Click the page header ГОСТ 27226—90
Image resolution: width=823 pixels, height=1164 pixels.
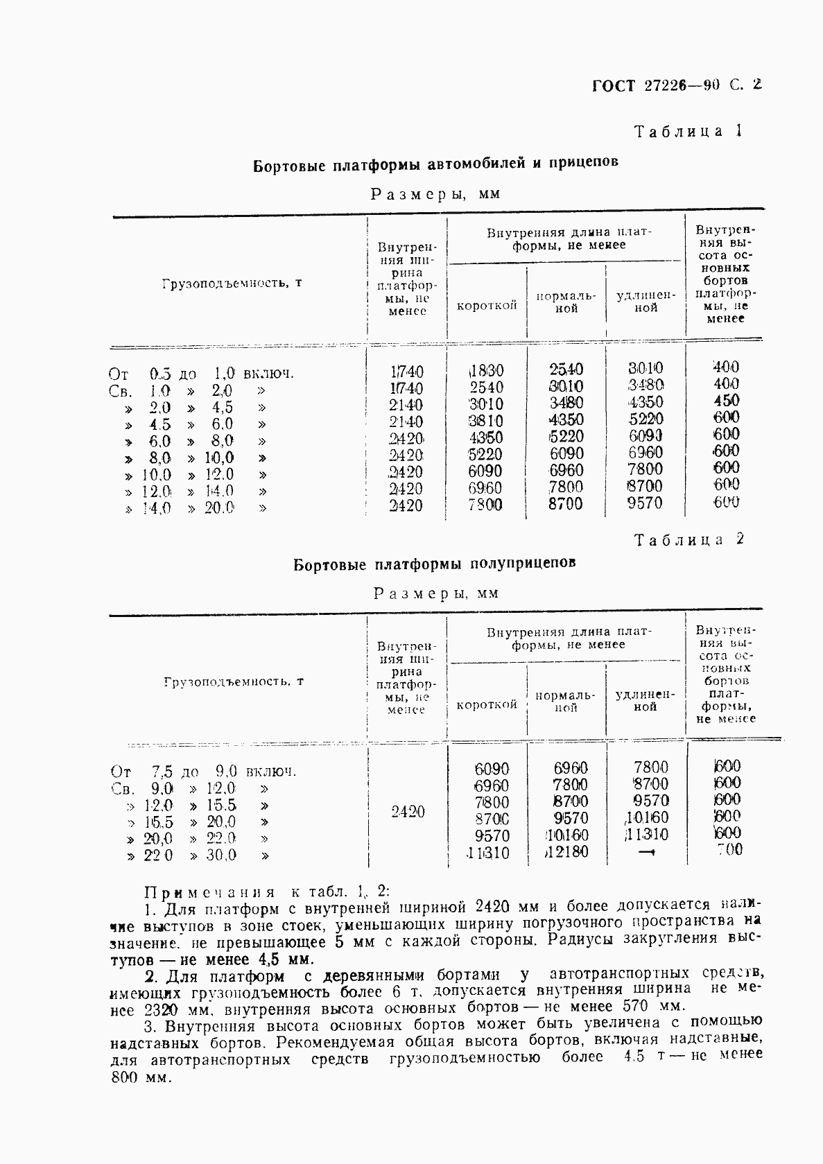click(656, 85)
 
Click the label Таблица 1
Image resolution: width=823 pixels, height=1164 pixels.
click(688, 131)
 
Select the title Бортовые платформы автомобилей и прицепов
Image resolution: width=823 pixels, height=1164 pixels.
click(435, 164)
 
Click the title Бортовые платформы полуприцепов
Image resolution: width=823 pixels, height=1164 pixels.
click(434, 564)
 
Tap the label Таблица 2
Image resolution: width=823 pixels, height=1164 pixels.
click(688, 539)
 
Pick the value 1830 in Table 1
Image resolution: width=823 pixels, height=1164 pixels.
click(485, 371)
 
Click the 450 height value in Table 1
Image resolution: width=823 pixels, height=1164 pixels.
click(726, 401)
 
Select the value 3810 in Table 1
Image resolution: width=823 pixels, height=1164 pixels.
click(485, 421)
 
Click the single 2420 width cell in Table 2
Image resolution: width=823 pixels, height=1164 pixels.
click(407, 811)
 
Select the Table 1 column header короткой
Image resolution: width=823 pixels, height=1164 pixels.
click(487, 306)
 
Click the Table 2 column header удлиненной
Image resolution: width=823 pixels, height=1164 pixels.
click(646, 700)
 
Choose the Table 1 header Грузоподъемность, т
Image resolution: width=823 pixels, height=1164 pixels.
click(232, 284)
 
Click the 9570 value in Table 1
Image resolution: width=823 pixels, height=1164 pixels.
click(645, 503)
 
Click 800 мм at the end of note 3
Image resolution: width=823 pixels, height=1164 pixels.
click(139, 1079)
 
